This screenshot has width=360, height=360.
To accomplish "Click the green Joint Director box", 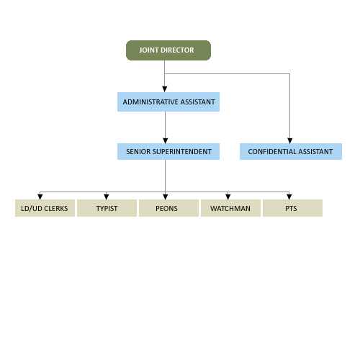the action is [x=168, y=50].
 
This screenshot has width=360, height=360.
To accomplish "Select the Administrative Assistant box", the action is [x=168, y=102].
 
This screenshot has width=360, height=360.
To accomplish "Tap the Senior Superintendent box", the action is [x=168, y=151].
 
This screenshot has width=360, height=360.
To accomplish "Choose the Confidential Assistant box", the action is [x=291, y=151].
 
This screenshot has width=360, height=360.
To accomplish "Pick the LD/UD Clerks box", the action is [x=45, y=208].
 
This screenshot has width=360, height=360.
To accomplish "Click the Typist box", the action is [x=107, y=208].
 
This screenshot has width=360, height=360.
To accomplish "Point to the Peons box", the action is [x=168, y=208].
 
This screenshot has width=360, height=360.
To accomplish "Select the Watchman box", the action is [x=230, y=208].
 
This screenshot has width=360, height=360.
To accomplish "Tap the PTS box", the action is [x=292, y=208].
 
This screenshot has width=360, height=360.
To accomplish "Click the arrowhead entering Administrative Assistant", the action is [x=165, y=89].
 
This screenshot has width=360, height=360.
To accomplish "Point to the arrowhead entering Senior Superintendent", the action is [x=166, y=140].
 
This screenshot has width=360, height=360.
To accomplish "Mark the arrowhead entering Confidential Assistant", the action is [x=290, y=140].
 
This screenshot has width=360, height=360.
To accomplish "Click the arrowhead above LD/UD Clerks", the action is [x=40, y=197].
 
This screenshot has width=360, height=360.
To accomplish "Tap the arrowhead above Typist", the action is [x=107, y=197].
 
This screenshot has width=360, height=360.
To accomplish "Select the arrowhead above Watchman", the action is [x=228, y=197].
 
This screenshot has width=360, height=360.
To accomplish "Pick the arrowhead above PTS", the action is [x=289, y=197].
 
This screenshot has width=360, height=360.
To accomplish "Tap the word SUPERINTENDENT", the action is [x=182, y=152].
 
